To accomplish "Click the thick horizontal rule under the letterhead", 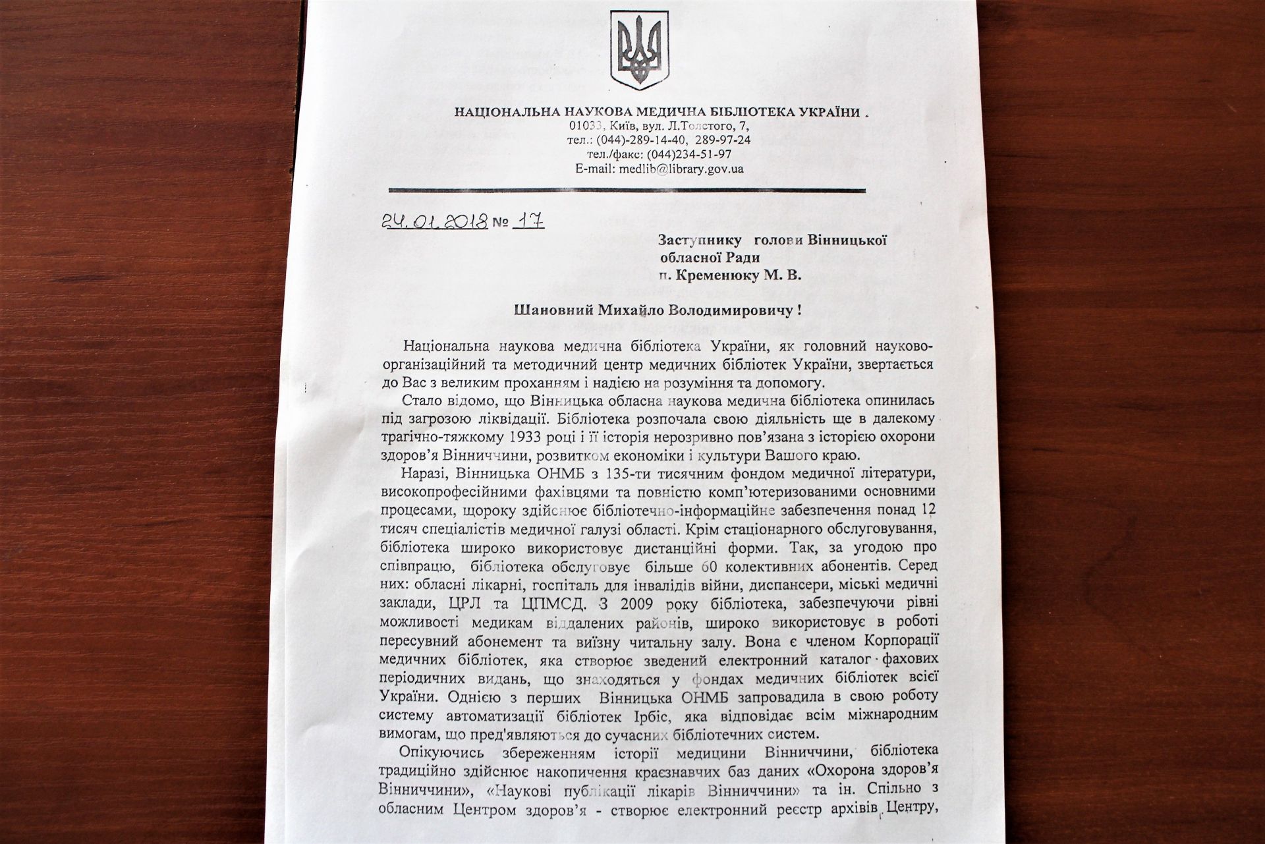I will click(627, 190).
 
